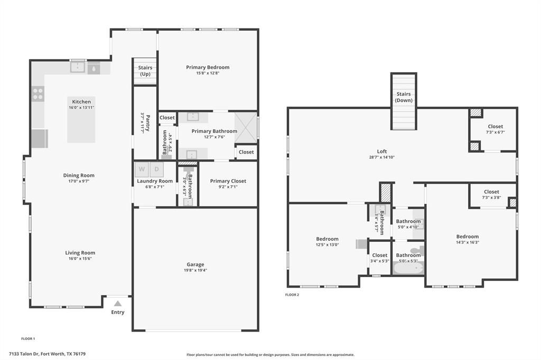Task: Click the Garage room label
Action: click(x=195, y=264)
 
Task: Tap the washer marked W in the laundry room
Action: click(x=142, y=169)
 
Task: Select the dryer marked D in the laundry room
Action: click(x=157, y=169)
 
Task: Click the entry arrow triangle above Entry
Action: click(x=117, y=303)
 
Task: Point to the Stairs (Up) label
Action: click(x=145, y=71)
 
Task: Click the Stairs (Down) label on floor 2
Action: click(x=404, y=97)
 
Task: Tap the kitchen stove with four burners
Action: click(x=38, y=94)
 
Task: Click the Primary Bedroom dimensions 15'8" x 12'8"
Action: click(x=208, y=73)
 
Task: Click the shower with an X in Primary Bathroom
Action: click(x=245, y=128)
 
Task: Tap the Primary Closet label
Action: click(x=228, y=181)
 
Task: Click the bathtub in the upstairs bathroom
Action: click(x=408, y=268)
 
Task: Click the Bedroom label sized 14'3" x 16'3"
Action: click(x=468, y=236)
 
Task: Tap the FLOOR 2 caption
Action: click(x=292, y=295)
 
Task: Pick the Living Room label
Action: click(x=80, y=253)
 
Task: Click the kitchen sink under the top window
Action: click(x=78, y=67)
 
